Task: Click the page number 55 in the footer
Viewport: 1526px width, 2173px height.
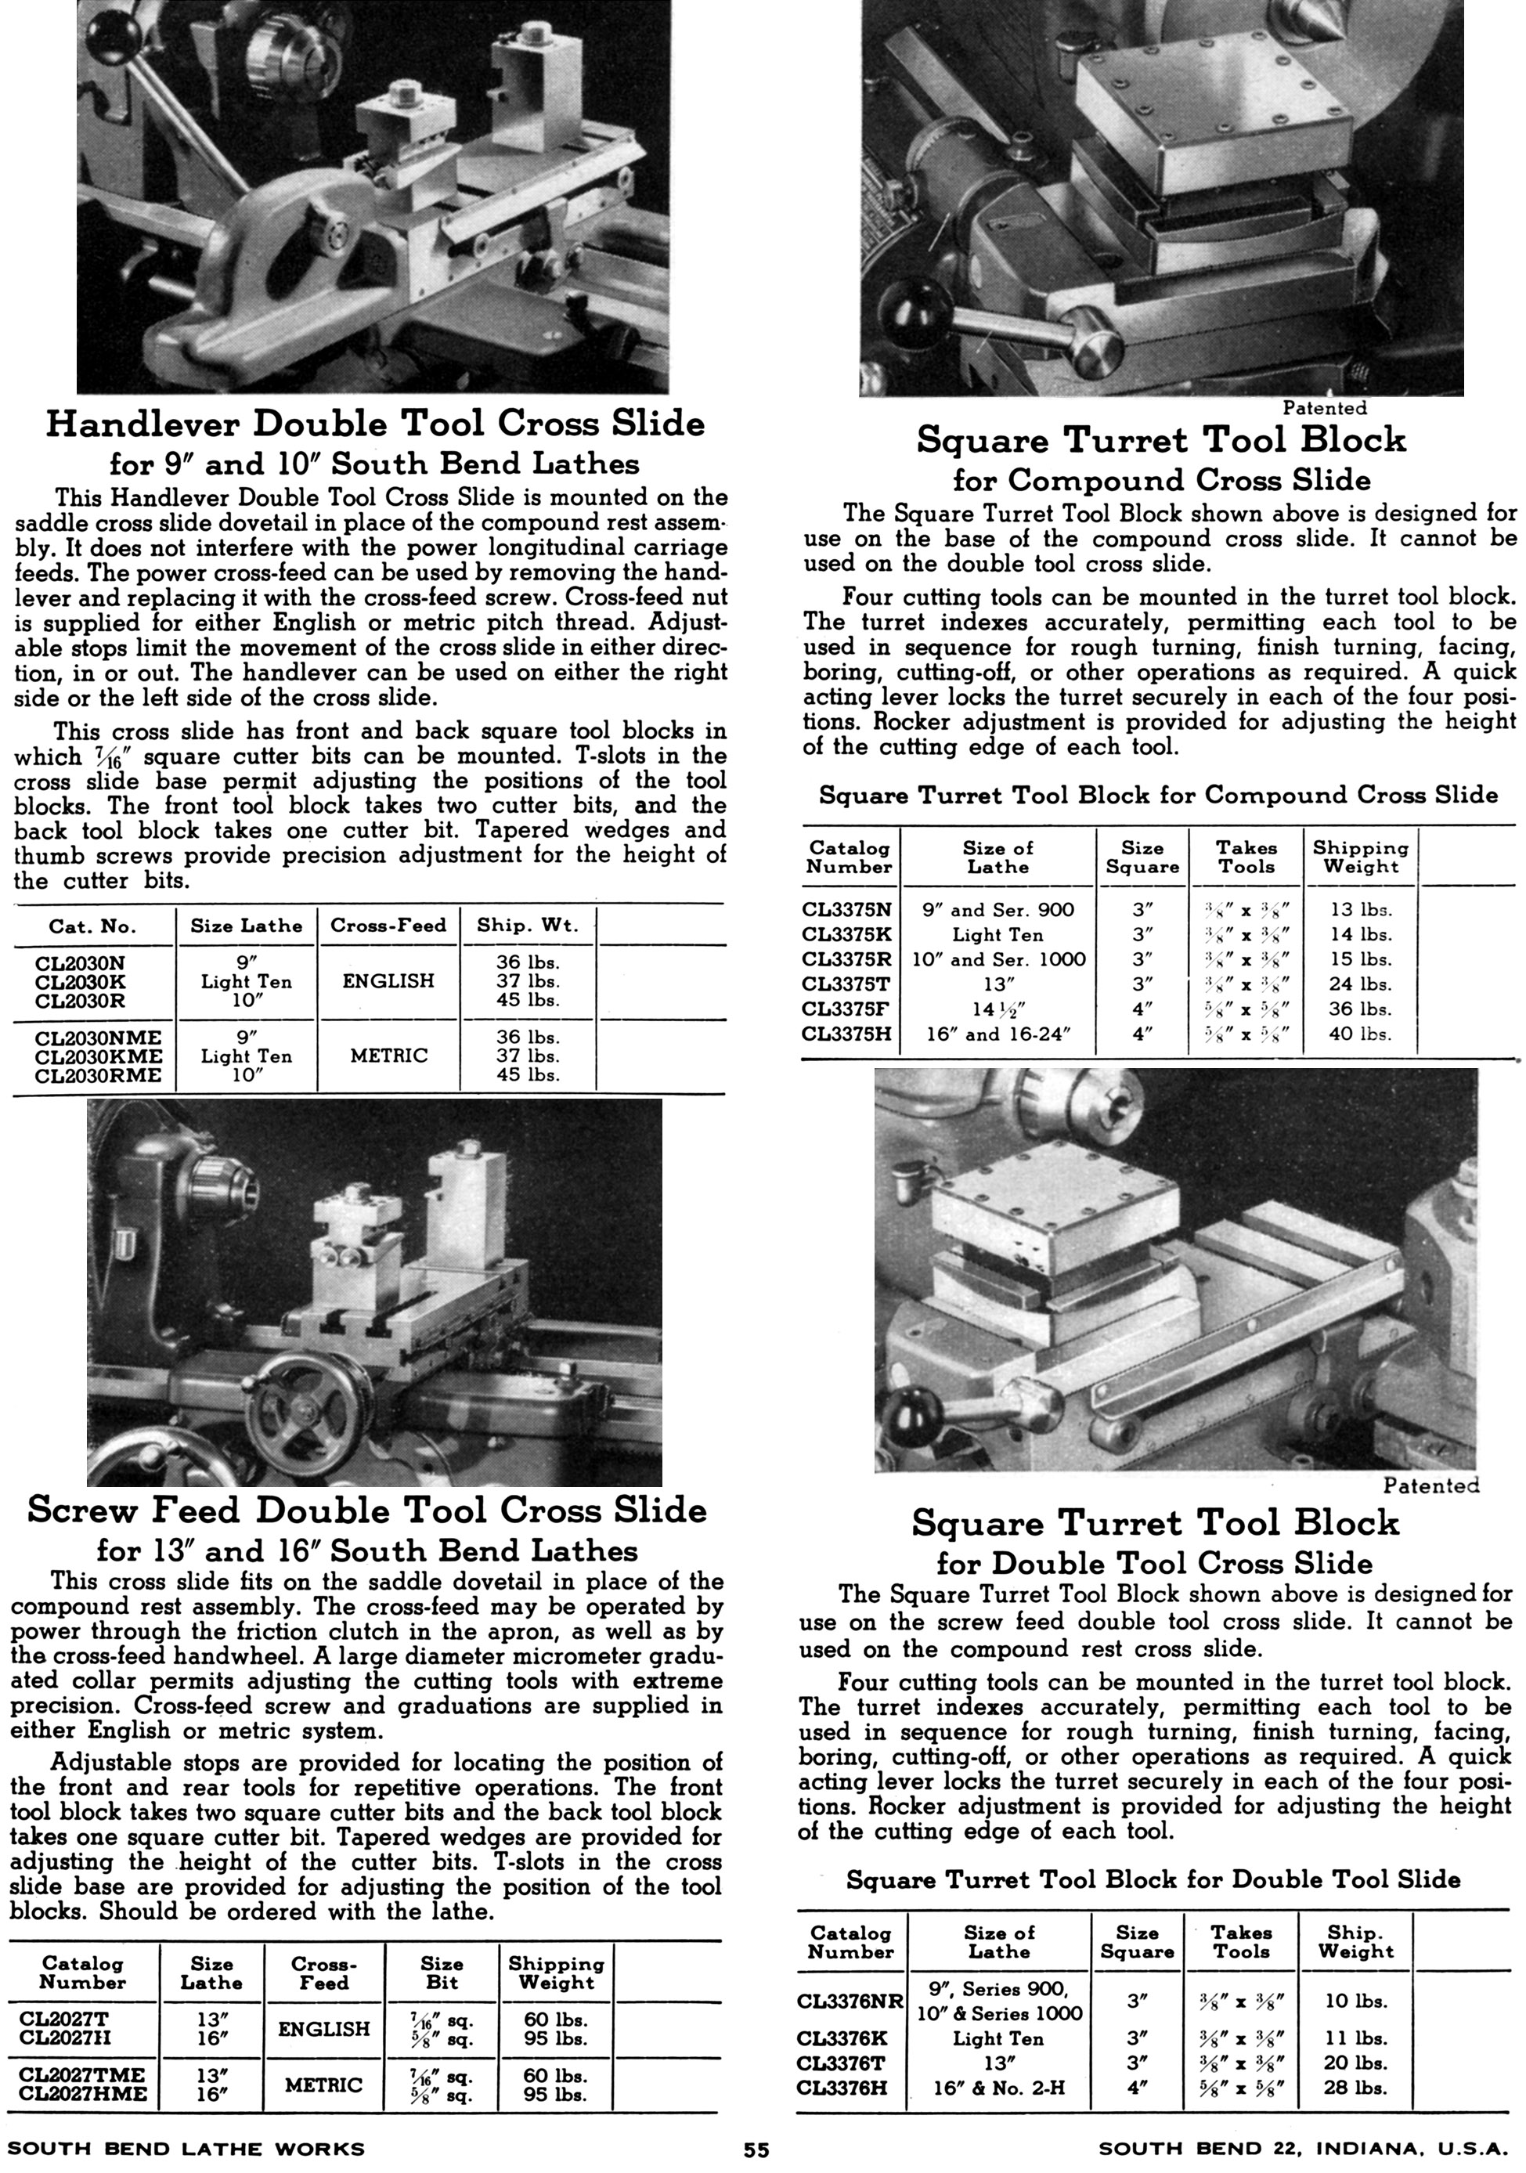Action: point(756,2150)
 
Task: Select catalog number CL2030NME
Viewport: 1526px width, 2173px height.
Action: point(90,1038)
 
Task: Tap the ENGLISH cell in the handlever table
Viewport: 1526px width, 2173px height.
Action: point(388,980)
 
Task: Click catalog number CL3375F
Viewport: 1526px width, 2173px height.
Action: point(846,1009)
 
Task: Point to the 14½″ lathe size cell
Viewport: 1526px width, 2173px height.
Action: point(998,1009)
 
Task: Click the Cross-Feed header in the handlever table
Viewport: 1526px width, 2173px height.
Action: point(388,925)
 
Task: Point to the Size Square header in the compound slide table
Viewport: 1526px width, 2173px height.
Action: point(1142,857)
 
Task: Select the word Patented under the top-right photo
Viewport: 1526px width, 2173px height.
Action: point(1325,408)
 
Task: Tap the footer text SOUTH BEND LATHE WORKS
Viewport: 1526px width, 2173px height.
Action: point(192,2149)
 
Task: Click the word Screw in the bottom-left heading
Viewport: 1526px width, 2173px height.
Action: point(85,1509)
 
